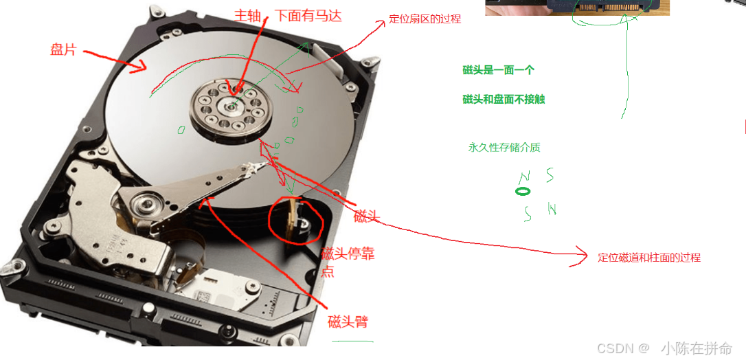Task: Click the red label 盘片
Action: point(63,49)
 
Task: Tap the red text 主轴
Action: point(247,15)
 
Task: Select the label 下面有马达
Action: point(308,15)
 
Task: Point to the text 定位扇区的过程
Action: point(425,19)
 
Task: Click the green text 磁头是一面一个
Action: point(499,70)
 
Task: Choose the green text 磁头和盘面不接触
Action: point(504,99)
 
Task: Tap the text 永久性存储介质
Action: point(504,148)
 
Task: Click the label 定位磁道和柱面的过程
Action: point(649,258)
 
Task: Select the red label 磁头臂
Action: point(348,322)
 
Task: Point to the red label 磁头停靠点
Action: point(348,262)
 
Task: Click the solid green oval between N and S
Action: point(522,192)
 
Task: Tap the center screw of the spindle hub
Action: point(231,106)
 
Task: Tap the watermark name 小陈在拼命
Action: point(697,348)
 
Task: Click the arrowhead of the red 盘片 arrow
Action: point(140,67)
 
